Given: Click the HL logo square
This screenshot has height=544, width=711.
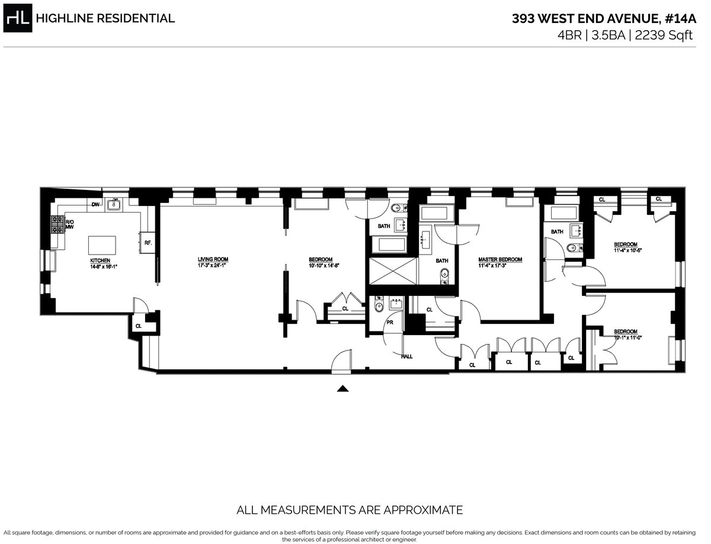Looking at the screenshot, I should pos(18,18).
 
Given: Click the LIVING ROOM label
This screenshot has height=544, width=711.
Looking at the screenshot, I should pos(213,259).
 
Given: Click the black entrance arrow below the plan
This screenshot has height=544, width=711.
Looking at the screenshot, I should pos(342,389).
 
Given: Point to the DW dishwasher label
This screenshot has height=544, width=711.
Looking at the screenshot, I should pos(95,205).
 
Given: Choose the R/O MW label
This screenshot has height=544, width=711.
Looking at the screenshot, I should pos(69,224).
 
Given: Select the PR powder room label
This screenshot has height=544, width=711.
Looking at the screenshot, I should pos(390,323).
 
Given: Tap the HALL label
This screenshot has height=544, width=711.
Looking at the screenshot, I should pos(407,356).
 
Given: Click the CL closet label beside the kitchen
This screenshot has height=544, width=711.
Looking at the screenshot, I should pos(139,326).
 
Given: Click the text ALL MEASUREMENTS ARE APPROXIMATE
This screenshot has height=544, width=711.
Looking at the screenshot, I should pos(350,510).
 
